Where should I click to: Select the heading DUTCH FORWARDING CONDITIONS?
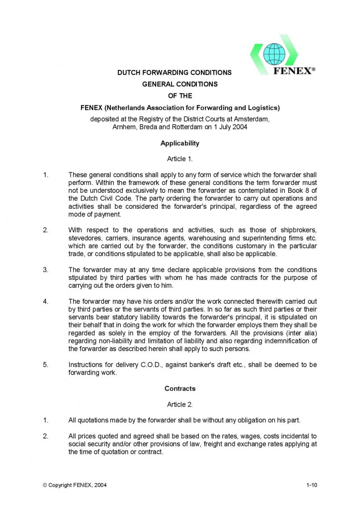(x=174, y=73)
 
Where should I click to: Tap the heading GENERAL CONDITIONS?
(x=180, y=84)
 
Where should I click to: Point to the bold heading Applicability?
(x=180, y=143)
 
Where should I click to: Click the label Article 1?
(x=180, y=159)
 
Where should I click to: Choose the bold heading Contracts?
(x=180, y=388)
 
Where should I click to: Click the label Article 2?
(x=180, y=404)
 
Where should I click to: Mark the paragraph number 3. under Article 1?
(x=45, y=270)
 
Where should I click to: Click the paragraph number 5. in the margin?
(x=45, y=365)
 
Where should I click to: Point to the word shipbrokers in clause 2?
(x=299, y=231)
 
